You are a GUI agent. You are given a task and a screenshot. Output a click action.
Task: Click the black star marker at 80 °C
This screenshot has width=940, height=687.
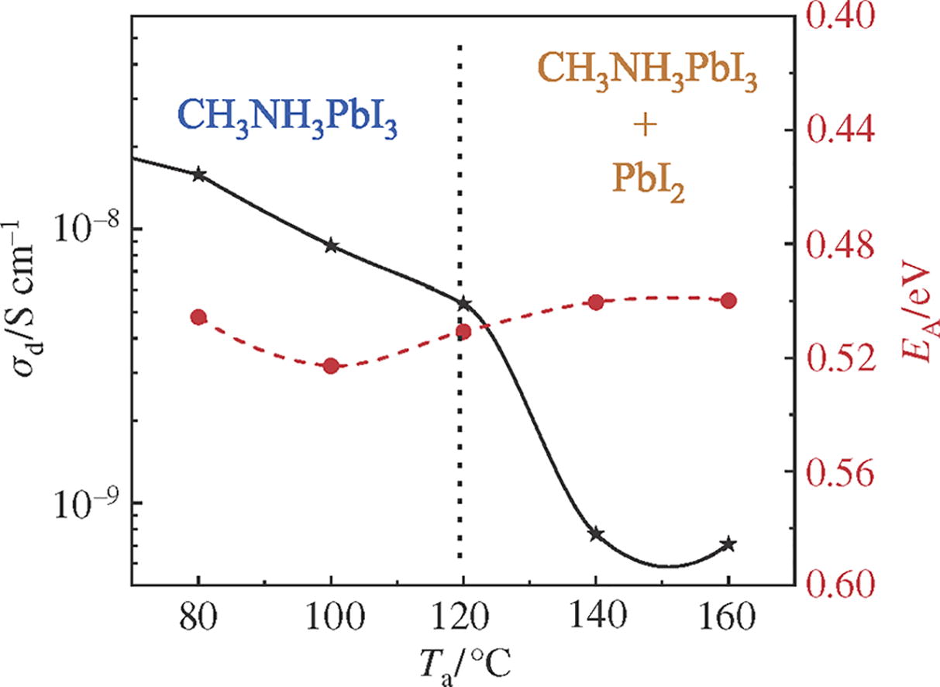pyautogui.click(x=198, y=174)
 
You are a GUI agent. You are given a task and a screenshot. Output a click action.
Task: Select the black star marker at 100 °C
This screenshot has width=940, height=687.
pyautogui.click(x=332, y=246)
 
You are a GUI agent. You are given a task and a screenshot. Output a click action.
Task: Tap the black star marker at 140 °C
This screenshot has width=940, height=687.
pyautogui.click(x=596, y=534)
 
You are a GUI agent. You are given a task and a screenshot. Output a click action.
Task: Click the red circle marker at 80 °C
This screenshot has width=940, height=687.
pyautogui.click(x=198, y=317)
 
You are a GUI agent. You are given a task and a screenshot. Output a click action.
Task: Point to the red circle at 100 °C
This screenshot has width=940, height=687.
pyautogui.click(x=332, y=366)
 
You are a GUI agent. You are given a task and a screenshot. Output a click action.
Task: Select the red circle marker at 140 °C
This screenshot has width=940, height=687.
pyautogui.click(x=596, y=302)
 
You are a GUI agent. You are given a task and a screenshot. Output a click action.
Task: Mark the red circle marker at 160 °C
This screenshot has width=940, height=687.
pyautogui.click(x=728, y=301)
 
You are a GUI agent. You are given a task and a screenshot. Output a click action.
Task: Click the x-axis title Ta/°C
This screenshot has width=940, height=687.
pyautogui.click(x=463, y=664)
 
